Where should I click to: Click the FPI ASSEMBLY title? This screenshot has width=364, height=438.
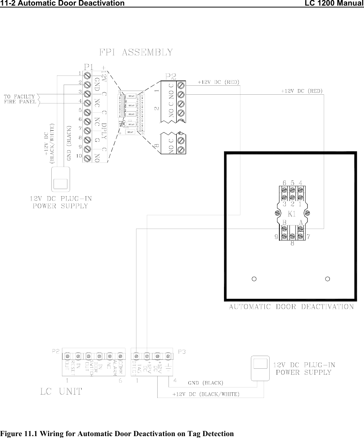pyautogui.click(x=136, y=52)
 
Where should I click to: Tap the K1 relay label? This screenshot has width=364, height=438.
pyautogui.click(x=292, y=215)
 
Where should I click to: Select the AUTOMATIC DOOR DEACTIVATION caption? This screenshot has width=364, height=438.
pyautogui.click(x=291, y=307)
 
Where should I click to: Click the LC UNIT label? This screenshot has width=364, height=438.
pyautogui.click(x=61, y=392)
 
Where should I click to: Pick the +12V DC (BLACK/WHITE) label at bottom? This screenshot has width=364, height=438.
pyautogui.click(x=206, y=394)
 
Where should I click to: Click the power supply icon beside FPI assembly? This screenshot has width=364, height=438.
pyautogui.click(x=60, y=183)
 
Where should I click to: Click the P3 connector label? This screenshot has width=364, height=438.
pyautogui.click(x=182, y=352)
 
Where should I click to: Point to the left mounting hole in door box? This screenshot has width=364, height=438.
pyautogui.click(x=254, y=279)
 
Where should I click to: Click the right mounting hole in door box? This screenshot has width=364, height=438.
pyautogui.click(x=328, y=279)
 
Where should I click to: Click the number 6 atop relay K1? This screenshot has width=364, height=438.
pyautogui.click(x=285, y=183)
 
